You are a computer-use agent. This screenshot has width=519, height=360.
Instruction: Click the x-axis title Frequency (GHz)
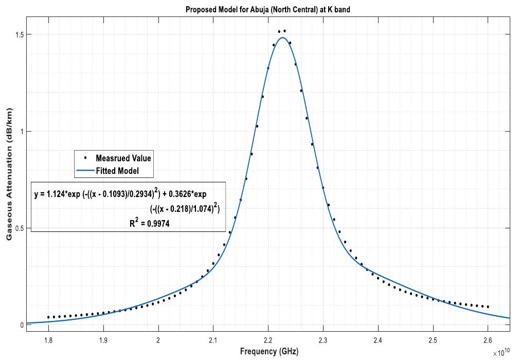(x=269, y=351)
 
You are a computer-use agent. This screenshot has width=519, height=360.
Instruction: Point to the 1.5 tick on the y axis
(x=20, y=34)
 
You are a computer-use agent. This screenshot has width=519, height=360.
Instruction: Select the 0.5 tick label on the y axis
(x=20, y=228)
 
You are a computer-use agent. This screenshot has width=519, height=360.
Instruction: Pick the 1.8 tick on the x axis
(x=48, y=339)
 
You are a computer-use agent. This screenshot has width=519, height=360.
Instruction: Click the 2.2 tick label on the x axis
(x=268, y=339)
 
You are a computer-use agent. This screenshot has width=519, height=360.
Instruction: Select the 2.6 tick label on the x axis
(x=488, y=339)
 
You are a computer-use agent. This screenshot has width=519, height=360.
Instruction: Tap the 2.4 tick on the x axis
(x=378, y=339)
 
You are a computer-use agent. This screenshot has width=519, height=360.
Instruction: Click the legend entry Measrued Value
(x=123, y=158)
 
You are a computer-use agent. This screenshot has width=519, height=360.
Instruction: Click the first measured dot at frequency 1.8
(x=48, y=317)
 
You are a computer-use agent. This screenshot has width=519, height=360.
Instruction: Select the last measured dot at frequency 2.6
(x=488, y=307)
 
